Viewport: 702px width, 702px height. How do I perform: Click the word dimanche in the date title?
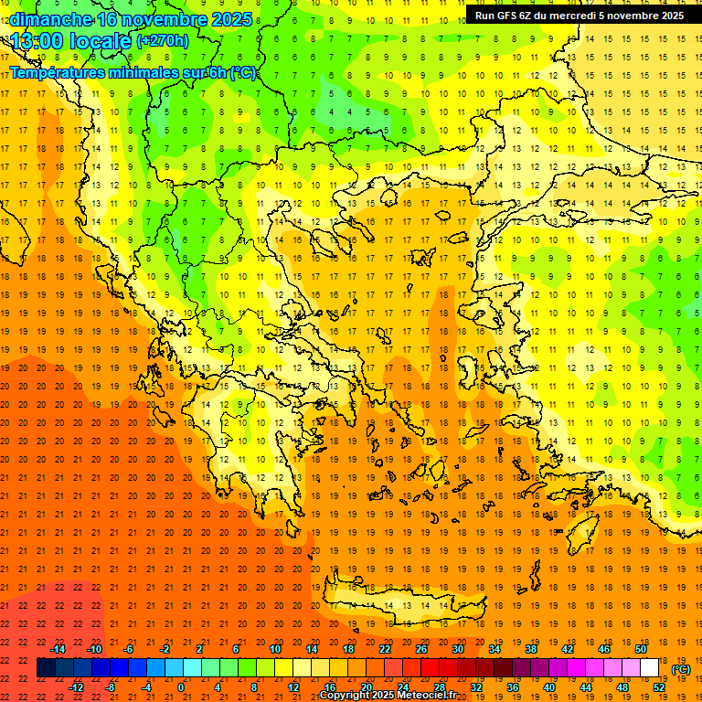(x=51, y=19)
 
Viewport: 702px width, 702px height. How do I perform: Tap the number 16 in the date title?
(x=108, y=19)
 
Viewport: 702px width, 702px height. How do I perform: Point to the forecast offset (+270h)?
(x=162, y=41)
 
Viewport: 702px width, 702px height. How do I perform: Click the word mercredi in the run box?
(x=572, y=15)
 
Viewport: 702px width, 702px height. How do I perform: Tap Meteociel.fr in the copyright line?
(x=427, y=696)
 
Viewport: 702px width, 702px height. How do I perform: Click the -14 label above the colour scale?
(x=58, y=649)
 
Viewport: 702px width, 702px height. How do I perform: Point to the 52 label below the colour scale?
(x=659, y=686)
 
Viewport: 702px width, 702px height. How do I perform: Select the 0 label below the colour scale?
(x=181, y=686)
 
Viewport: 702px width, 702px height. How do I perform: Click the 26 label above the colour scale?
(x=421, y=649)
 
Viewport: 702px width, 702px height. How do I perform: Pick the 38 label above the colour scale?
(x=531, y=649)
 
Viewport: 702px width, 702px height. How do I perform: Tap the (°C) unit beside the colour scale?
(x=681, y=669)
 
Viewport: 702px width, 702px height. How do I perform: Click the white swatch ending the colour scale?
(x=650, y=668)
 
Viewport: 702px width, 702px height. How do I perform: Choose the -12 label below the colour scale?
(x=76, y=686)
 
